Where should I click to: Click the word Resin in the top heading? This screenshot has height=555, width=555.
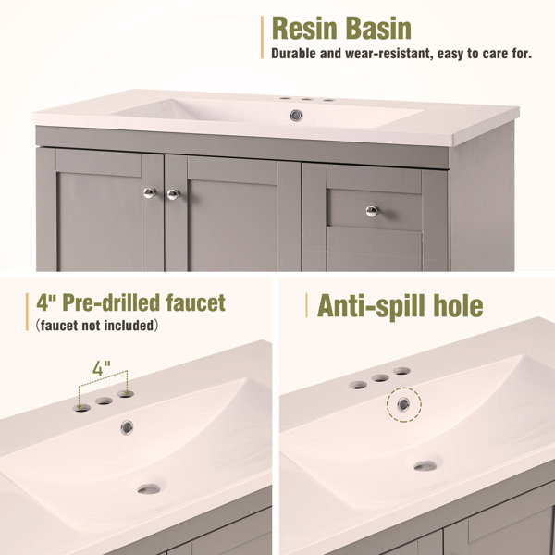click(x=304, y=29)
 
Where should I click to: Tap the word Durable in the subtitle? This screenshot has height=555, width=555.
click(x=294, y=54)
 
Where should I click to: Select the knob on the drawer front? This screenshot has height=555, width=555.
click(x=373, y=211)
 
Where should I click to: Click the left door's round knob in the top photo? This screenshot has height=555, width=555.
click(x=150, y=193)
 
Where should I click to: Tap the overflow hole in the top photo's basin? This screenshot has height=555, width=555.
click(x=296, y=116)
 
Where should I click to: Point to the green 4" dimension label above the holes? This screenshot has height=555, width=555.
click(x=102, y=368)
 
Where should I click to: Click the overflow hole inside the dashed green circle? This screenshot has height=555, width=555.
click(x=403, y=404)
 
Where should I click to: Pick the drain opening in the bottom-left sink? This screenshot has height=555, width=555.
click(x=149, y=489)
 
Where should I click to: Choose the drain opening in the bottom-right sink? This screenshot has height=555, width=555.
click(x=425, y=466)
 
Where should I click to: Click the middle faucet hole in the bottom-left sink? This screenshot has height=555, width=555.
click(x=104, y=401)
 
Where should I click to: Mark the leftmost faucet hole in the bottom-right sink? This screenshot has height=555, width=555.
click(x=358, y=385)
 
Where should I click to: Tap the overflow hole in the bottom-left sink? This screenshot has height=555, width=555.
click(x=127, y=427)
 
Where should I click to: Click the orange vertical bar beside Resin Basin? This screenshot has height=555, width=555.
click(x=262, y=37)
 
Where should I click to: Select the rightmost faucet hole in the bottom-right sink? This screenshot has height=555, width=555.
click(x=401, y=371)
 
